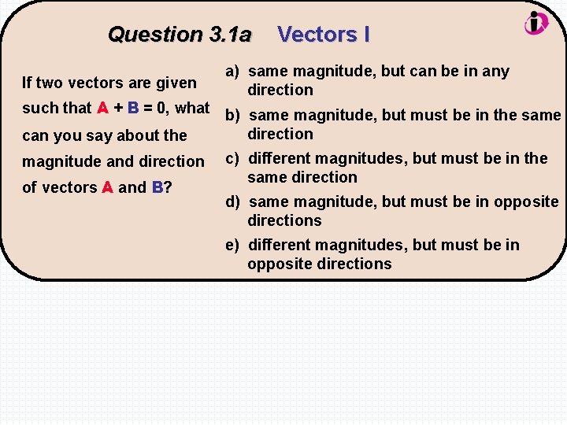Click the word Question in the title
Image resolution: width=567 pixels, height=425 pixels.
[155, 35]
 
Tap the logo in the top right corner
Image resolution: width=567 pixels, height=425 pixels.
[535, 23]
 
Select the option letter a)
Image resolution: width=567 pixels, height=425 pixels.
[232, 71]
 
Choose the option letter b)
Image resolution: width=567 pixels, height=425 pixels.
[232, 115]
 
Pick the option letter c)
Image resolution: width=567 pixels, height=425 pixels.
[232, 158]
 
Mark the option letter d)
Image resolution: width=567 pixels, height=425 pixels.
[232, 201]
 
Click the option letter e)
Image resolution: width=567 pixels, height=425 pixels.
[232, 245]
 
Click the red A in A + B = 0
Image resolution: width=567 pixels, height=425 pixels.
[102, 108]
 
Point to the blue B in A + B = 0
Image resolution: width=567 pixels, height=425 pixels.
[133, 108]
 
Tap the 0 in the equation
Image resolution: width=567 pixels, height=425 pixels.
[164, 108]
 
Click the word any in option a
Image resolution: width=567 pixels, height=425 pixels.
[496, 71]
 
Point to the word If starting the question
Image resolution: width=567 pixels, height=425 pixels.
[28, 82]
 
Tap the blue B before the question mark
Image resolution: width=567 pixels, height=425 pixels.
[157, 187]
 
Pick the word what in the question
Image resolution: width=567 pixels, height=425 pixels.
[193, 108]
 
